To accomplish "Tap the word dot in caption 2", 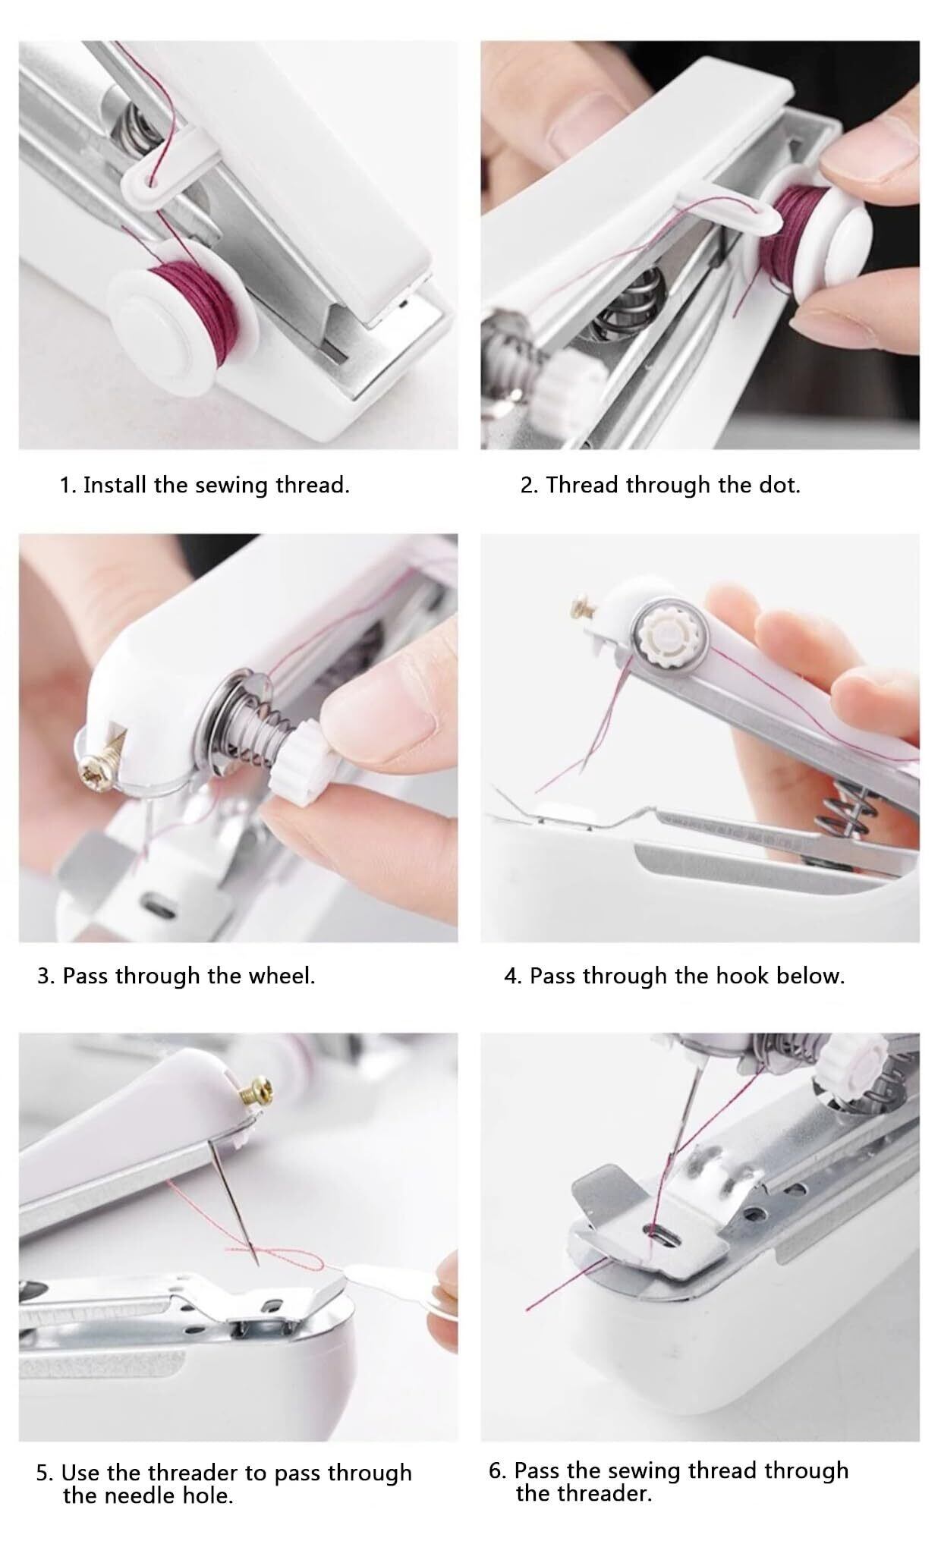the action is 778,485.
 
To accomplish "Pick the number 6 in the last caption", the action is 496,1470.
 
